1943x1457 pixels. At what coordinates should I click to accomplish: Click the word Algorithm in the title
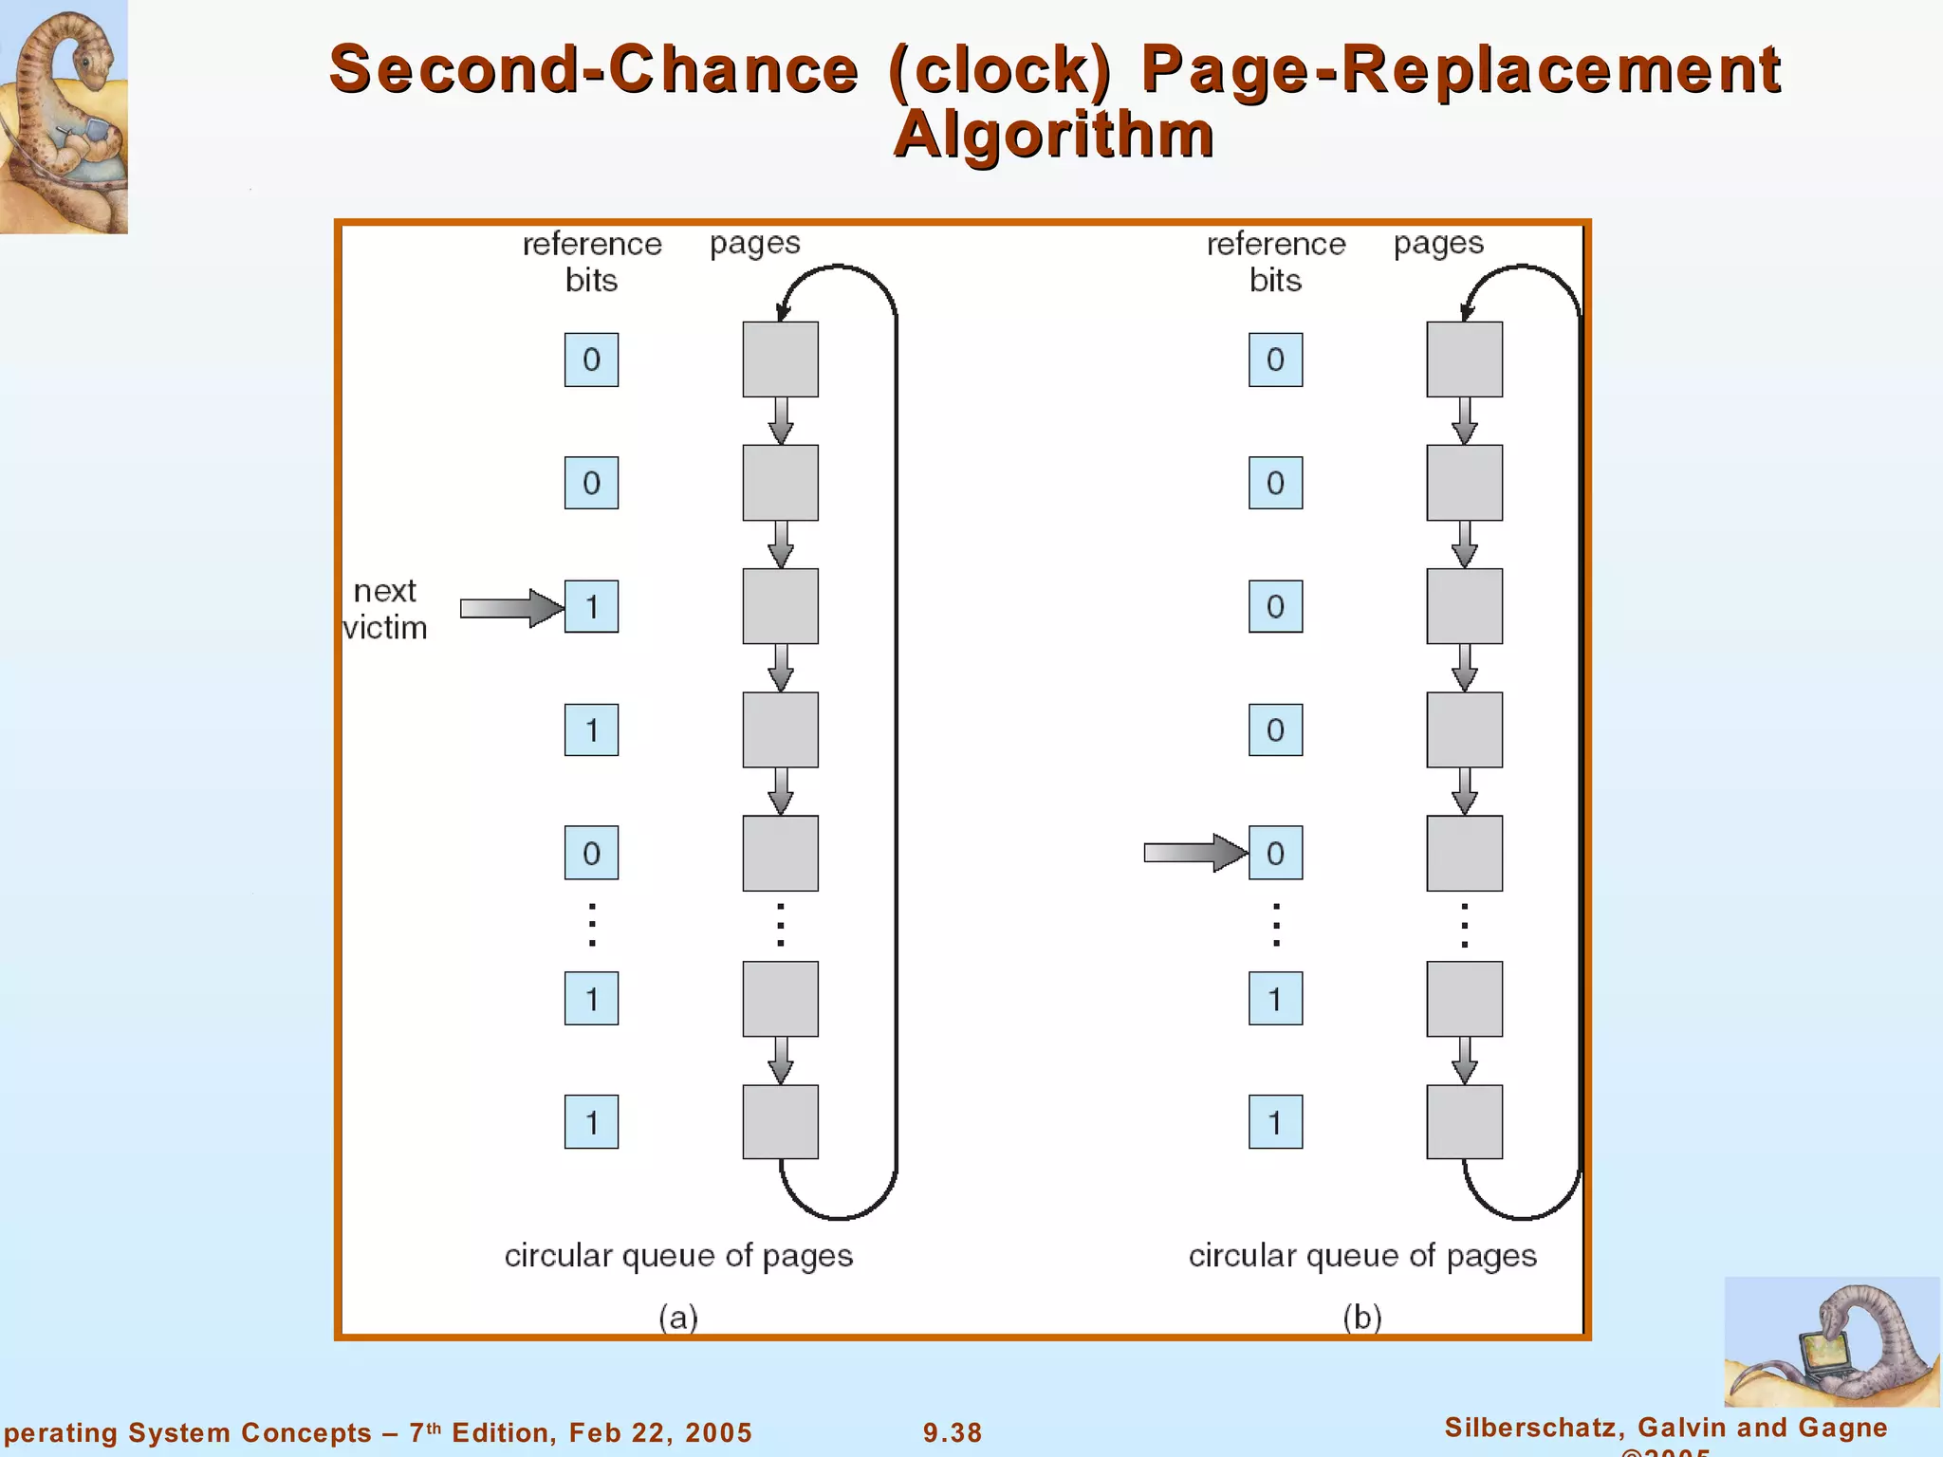tap(1053, 134)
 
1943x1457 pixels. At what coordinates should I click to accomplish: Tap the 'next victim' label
tap(384, 609)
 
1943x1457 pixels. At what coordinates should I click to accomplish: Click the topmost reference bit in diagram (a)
tap(591, 360)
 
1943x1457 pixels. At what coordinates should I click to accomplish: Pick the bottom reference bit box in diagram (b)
tap(1275, 1122)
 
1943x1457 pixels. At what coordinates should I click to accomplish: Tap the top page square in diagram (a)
tap(780, 360)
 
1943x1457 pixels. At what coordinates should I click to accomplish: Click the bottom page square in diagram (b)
tap(1464, 1122)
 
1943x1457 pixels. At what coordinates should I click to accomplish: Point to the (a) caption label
tap(678, 1317)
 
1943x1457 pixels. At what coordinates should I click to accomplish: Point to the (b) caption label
tap(1362, 1317)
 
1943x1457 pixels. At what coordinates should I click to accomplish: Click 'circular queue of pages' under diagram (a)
tap(678, 1256)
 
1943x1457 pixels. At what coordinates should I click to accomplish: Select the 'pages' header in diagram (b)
tap(1438, 244)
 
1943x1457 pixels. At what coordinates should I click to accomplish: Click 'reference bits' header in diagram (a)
tap(592, 262)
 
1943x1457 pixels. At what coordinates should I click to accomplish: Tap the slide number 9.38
tap(953, 1432)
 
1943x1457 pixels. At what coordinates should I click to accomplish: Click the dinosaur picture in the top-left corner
tap(63, 116)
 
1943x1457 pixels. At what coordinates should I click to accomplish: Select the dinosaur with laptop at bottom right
tap(1831, 1341)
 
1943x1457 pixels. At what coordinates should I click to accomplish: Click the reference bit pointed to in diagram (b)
tap(1275, 853)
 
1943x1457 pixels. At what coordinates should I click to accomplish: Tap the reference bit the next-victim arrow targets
tap(591, 606)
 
